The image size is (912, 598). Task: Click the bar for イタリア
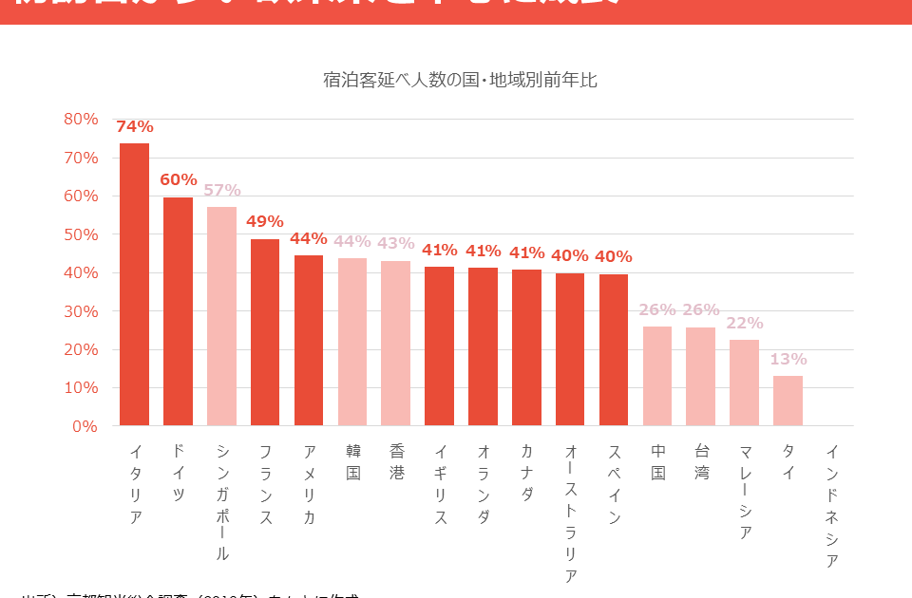click(134, 285)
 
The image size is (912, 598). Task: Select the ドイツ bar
click(178, 311)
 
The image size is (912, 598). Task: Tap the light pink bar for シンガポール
click(221, 316)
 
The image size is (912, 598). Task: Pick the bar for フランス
click(265, 332)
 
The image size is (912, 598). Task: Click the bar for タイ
click(788, 401)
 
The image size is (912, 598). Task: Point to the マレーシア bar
click(744, 383)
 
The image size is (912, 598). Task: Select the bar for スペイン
click(614, 350)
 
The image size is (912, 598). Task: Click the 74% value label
click(134, 127)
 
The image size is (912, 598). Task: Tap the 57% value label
click(221, 190)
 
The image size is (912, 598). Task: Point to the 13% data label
click(788, 359)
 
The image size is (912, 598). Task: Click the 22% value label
click(744, 323)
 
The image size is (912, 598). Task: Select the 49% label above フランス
click(265, 221)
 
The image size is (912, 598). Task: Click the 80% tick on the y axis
click(81, 119)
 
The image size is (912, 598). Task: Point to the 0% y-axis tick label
click(85, 426)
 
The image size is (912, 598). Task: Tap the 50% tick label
click(81, 234)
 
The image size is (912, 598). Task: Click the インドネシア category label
click(831, 506)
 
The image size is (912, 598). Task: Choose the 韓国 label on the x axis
click(352, 460)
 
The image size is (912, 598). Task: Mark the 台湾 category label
click(701, 460)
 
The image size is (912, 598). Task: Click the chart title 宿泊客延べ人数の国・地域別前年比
click(460, 80)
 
